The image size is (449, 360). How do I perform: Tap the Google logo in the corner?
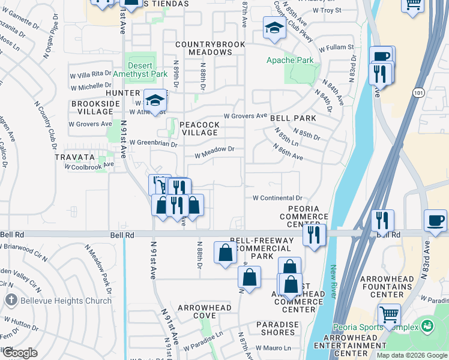click(x=20, y=353)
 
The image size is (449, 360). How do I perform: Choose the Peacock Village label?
click(x=199, y=128)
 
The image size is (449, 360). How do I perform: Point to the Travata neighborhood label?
click(x=76, y=157)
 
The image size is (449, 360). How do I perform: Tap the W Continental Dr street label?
click(x=276, y=197)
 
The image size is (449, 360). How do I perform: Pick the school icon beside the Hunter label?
click(x=155, y=100)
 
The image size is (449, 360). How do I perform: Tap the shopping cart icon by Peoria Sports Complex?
click(x=390, y=313)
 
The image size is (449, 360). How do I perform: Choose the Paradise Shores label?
click(x=277, y=329)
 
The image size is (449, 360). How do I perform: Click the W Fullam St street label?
click(x=336, y=47)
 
